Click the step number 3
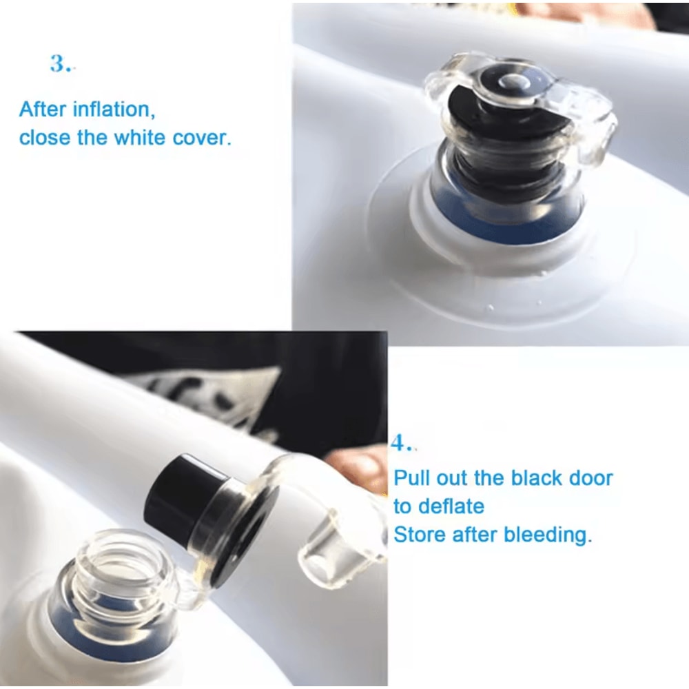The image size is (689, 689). click(x=61, y=63)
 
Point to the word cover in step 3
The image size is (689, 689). click(x=202, y=138)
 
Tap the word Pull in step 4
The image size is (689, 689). click(x=412, y=478)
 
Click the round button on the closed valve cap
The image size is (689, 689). click(x=514, y=82)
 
